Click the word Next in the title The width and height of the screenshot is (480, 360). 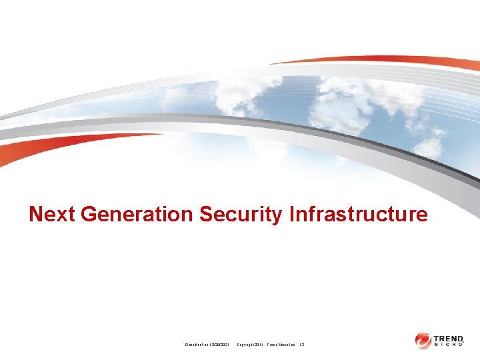(x=52, y=214)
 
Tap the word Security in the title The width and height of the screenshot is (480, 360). (x=241, y=214)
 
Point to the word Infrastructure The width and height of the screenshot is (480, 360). (x=359, y=214)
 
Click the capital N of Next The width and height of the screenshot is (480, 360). (x=36, y=214)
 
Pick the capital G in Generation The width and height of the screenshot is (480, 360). (x=89, y=214)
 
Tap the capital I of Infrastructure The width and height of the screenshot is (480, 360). (x=293, y=214)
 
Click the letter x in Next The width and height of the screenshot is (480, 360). (x=60, y=215)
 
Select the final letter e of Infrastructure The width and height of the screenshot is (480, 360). (x=421, y=215)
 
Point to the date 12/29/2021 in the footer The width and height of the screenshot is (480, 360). (x=219, y=344)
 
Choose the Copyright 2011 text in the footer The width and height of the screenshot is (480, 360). (x=250, y=344)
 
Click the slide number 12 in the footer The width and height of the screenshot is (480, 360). (x=302, y=344)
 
